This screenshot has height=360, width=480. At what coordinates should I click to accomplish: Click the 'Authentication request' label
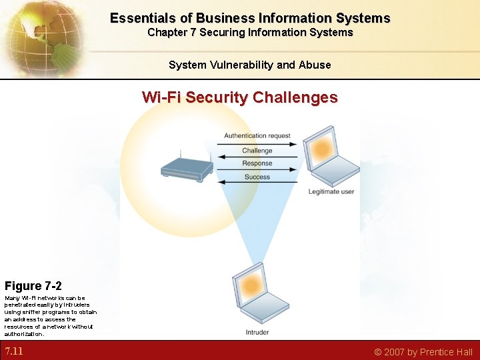pyautogui.click(x=257, y=136)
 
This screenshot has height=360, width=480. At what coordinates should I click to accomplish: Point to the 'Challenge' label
pyautogui.click(x=257, y=151)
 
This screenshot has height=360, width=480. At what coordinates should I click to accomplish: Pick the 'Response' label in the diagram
pyautogui.click(x=257, y=163)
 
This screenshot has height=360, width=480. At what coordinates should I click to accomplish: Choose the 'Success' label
pyautogui.click(x=257, y=177)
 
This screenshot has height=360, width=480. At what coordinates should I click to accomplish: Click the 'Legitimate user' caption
pyautogui.click(x=331, y=192)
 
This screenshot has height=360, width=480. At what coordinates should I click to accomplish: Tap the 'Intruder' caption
pyautogui.click(x=257, y=332)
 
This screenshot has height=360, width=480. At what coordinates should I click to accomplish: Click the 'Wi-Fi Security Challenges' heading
pyautogui.click(x=240, y=97)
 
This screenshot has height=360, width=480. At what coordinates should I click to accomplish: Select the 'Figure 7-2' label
pyautogui.click(x=33, y=286)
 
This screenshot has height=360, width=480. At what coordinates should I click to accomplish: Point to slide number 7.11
pyautogui.click(x=14, y=351)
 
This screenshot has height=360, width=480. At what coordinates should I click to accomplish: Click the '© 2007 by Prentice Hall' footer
pyautogui.click(x=423, y=352)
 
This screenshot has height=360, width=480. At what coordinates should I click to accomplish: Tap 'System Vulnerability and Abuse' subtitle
pyautogui.click(x=249, y=65)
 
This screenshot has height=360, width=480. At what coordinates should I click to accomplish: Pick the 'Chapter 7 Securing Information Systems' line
pyautogui.click(x=250, y=33)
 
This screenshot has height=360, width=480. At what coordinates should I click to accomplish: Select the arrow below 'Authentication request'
pyautogui.click(x=257, y=143)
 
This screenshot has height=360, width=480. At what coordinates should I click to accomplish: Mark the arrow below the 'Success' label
pyautogui.click(x=257, y=183)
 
